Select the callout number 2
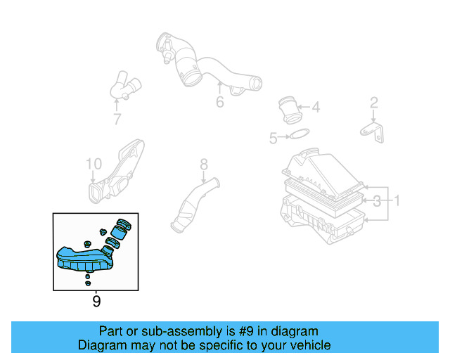374,103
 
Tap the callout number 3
378,201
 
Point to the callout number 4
316,108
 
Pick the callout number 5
273,139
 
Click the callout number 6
220,103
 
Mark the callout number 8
204,165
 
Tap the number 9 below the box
96,302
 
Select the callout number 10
94,164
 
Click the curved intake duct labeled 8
192,209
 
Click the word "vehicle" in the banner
307,345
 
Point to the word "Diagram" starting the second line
101,345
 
